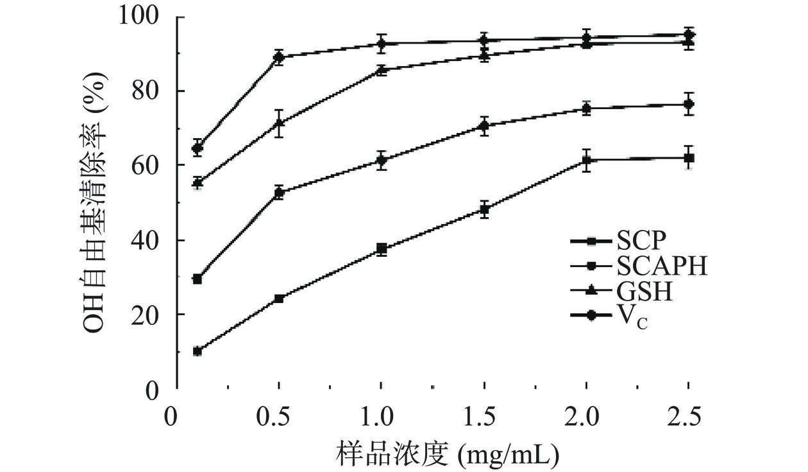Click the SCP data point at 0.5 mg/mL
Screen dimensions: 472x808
(279, 299)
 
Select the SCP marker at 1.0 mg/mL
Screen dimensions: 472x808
(382, 249)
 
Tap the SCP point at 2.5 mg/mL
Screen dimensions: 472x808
(689, 157)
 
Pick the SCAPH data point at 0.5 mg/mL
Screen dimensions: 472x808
(279, 192)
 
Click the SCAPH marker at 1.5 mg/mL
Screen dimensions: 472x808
(484, 125)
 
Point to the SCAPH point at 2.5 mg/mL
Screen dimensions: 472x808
(689, 104)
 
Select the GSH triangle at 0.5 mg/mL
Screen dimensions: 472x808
(279, 123)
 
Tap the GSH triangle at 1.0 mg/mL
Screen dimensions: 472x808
(382, 70)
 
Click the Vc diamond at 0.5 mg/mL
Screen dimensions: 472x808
(279, 57)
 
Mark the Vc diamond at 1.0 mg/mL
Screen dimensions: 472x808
(382, 44)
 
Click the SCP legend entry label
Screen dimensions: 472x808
(642, 241)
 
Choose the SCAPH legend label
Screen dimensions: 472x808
(662, 266)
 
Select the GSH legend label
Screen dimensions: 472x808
(644, 292)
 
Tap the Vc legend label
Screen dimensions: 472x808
(632, 317)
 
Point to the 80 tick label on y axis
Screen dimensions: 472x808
(148, 91)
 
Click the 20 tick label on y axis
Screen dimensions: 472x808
(148, 315)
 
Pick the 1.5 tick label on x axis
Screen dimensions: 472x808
(484, 416)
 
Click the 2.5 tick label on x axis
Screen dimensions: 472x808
(689, 416)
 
